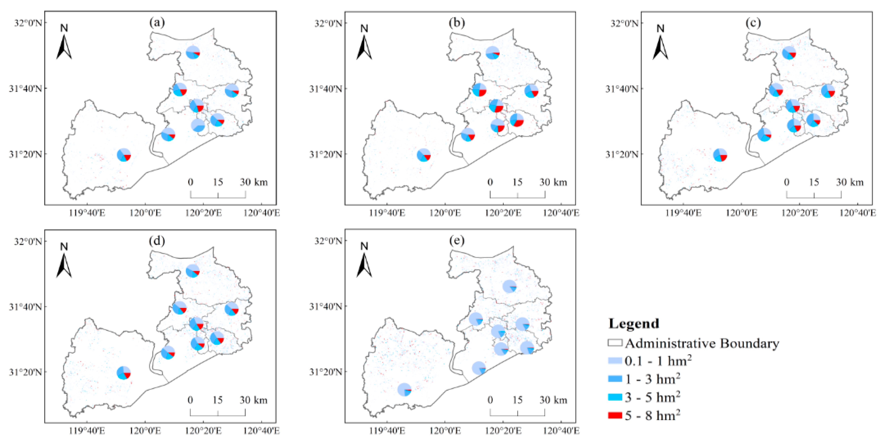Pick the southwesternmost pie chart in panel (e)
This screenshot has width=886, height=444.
click(405, 390)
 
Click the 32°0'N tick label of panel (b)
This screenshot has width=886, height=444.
click(329, 23)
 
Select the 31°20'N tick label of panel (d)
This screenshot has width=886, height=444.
click(26, 372)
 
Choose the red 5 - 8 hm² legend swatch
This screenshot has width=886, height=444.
click(615, 416)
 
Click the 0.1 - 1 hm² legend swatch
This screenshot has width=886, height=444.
click(615, 361)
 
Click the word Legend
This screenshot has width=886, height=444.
click(634, 324)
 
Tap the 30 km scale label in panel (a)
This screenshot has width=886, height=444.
click(253, 182)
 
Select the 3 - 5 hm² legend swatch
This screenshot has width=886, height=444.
click(615, 397)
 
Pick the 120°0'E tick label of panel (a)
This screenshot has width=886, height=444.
click(145, 213)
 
